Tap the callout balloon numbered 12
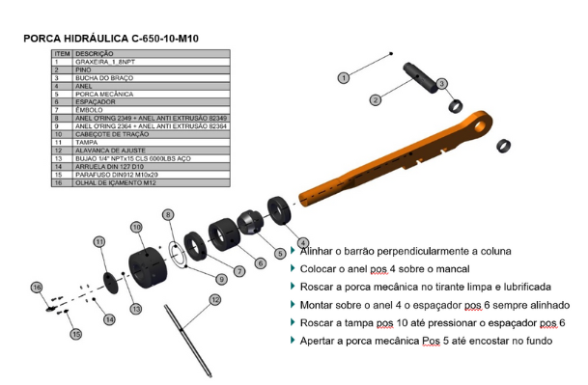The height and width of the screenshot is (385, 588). click(215, 299)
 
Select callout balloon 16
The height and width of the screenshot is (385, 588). click(37, 288)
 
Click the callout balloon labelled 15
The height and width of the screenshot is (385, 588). click(75, 334)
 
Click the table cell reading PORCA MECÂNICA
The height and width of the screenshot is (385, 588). click(98, 95)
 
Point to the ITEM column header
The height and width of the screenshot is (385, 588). click(62, 53)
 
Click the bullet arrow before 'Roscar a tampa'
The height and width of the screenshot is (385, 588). click(293, 322)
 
